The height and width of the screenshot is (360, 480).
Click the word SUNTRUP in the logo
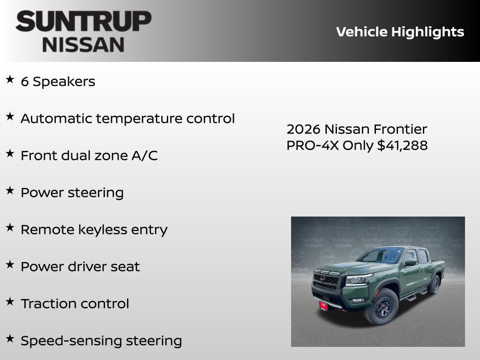(83, 22)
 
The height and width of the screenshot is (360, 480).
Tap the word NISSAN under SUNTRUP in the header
(83, 44)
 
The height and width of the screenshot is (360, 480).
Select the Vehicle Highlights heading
(400, 32)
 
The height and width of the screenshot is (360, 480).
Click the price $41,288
(402, 146)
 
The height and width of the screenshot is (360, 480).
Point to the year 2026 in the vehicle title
(303, 129)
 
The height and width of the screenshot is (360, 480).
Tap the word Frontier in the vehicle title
(401, 129)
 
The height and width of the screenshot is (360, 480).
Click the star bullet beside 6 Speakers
(10, 80)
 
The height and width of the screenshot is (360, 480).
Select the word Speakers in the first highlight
(64, 82)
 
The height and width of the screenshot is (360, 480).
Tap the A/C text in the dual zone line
(146, 156)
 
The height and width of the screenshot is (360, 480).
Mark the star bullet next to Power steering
(10, 190)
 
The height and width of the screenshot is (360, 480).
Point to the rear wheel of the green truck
(435, 285)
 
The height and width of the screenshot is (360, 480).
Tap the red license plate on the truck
(323, 306)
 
